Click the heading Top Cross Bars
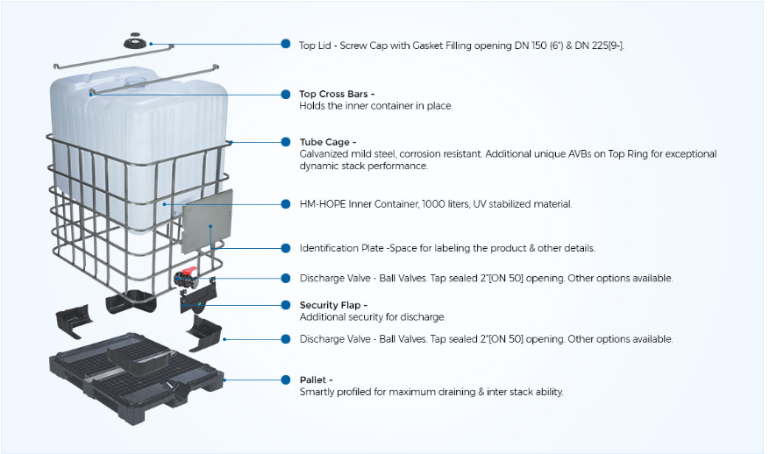pos(337,94)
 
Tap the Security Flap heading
pos(333,305)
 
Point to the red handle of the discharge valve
pos(197,274)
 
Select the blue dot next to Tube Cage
pos(286,142)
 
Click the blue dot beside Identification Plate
pos(286,248)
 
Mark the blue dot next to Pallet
pos(286,380)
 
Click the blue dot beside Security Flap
pos(286,305)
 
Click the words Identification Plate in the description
pos(342,248)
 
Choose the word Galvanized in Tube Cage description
pos(325,154)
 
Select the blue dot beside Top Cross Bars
pos(286,94)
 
